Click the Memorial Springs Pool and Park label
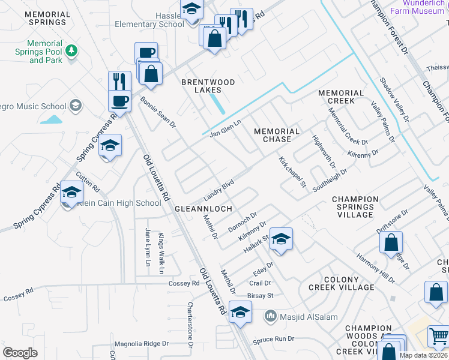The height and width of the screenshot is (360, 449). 37,52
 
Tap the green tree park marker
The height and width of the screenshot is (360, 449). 72,50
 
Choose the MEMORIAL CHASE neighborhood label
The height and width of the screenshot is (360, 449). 276,135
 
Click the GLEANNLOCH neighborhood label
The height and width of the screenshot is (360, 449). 203,209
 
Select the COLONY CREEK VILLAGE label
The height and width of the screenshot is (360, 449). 349,283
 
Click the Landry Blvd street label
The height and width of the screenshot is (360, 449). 218,187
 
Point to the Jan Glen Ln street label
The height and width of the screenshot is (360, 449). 225,128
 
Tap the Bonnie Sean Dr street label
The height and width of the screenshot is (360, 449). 158,113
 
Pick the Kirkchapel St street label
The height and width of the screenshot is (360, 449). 292,172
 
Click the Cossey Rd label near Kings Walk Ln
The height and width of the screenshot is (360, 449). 183,283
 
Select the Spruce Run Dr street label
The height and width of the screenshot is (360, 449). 274,339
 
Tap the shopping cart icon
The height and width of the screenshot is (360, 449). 439,337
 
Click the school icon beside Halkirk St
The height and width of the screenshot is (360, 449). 280,239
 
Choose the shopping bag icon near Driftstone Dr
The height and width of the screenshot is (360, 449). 391,242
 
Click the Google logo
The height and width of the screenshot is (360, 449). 20,352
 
